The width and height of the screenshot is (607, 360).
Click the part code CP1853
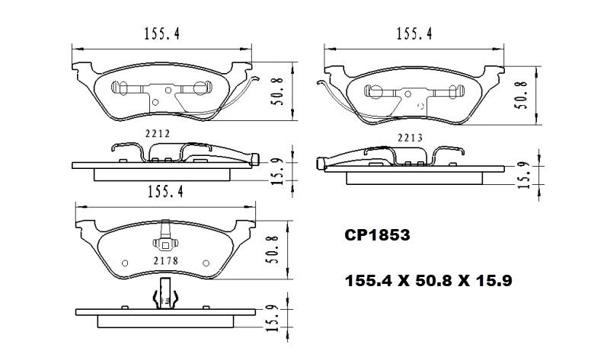tap(378, 237)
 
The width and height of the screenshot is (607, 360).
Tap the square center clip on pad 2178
tap(164, 245)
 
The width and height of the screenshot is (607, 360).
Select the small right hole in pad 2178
tap(206, 263)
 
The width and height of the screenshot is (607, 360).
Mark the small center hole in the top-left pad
tap(155, 103)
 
